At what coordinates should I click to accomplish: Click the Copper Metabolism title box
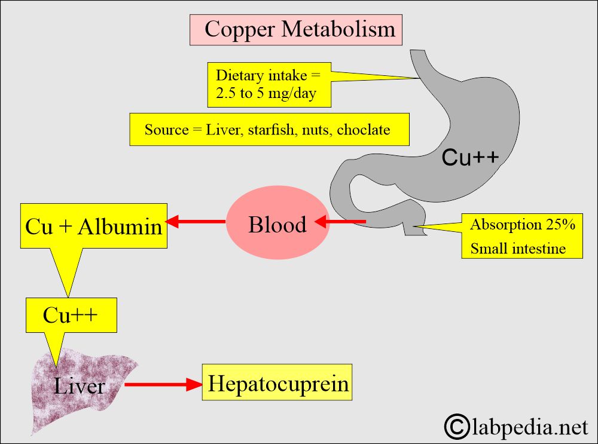(296, 30)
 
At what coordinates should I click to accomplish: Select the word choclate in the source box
(364, 130)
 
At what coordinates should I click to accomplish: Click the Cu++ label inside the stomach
(470, 157)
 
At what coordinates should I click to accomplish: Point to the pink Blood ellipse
(277, 222)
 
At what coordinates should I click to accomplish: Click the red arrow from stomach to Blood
(340, 221)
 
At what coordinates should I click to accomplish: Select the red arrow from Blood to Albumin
(196, 221)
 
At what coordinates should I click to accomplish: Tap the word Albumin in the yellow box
(120, 226)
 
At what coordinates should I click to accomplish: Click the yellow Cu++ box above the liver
(71, 315)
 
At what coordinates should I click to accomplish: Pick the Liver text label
(79, 385)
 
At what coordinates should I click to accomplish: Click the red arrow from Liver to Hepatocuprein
(163, 384)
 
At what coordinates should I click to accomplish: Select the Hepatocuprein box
(277, 382)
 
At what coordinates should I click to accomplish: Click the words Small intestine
(518, 249)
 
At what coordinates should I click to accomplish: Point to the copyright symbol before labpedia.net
(457, 427)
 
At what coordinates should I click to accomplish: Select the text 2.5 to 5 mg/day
(266, 93)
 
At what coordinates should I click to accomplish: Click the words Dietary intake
(261, 75)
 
